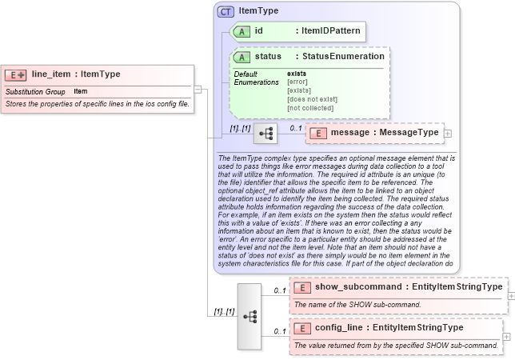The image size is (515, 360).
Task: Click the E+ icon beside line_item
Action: coord(16,74)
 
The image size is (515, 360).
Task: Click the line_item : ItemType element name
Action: coord(76,74)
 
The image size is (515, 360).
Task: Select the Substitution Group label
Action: coord(35,91)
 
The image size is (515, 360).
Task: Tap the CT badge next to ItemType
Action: coord(226,11)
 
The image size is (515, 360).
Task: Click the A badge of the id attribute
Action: coord(241,31)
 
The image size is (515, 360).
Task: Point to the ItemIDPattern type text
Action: coord(328,31)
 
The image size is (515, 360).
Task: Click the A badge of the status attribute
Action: coord(241,57)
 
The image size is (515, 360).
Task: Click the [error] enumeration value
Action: coord(297,82)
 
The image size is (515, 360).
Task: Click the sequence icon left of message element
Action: coord(265,133)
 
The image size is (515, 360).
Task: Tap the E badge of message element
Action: coord(317,132)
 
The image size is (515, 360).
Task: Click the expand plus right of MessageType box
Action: coord(447,133)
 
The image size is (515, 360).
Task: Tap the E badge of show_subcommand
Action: coord(302,287)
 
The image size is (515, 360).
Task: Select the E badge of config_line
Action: coord(302,328)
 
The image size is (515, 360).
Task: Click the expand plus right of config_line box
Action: coord(506,337)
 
